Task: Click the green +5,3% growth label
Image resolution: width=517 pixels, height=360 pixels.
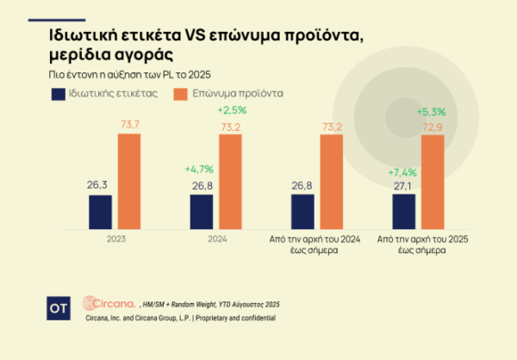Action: (432, 111)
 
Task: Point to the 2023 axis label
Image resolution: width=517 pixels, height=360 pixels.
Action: (115, 241)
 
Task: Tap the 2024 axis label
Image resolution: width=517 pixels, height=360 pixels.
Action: (216, 241)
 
